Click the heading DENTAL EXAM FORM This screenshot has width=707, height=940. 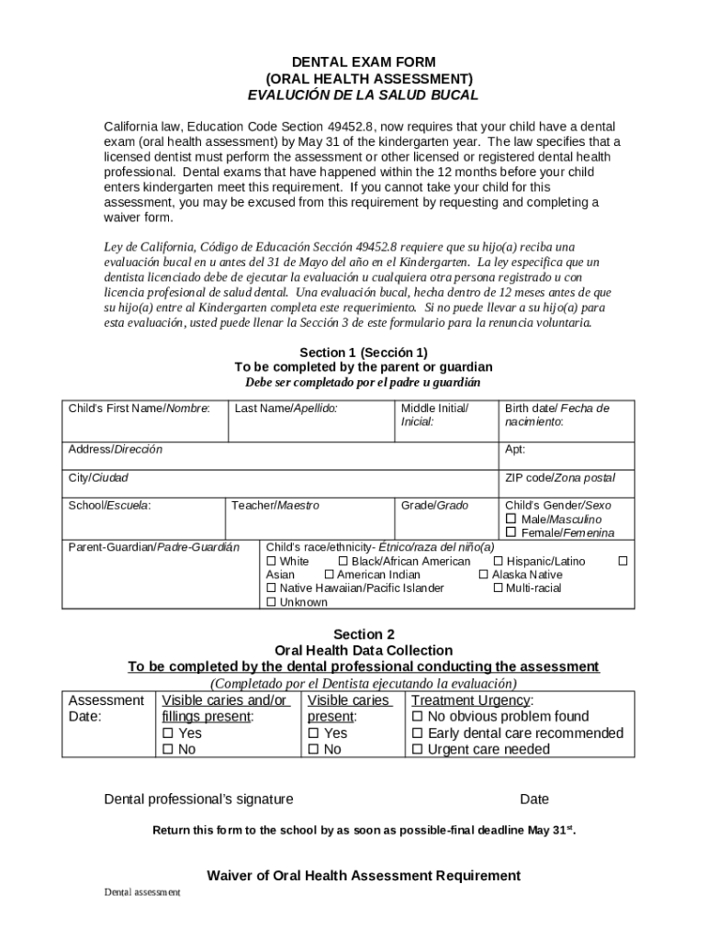[364, 62]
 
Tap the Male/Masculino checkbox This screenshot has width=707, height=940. [511, 520]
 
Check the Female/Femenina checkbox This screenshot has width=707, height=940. [511, 533]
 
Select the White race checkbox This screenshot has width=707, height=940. [271, 561]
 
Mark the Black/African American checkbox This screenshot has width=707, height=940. [343, 561]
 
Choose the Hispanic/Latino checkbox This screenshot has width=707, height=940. [499, 561]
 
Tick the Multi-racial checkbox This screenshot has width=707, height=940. [498, 587]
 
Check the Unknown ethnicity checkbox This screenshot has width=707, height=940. [271, 602]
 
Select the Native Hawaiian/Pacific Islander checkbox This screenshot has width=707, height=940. [271, 587]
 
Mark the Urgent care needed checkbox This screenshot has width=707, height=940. [418, 750]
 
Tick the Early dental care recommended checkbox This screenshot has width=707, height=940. [418, 733]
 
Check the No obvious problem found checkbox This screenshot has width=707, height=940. [418, 717]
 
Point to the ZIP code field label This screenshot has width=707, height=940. [559, 477]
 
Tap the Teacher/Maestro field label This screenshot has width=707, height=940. [275, 505]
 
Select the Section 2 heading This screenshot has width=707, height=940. [364, 634]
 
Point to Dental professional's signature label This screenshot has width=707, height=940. [198, 799]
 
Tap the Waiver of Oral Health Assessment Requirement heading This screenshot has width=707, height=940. [364, 875]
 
